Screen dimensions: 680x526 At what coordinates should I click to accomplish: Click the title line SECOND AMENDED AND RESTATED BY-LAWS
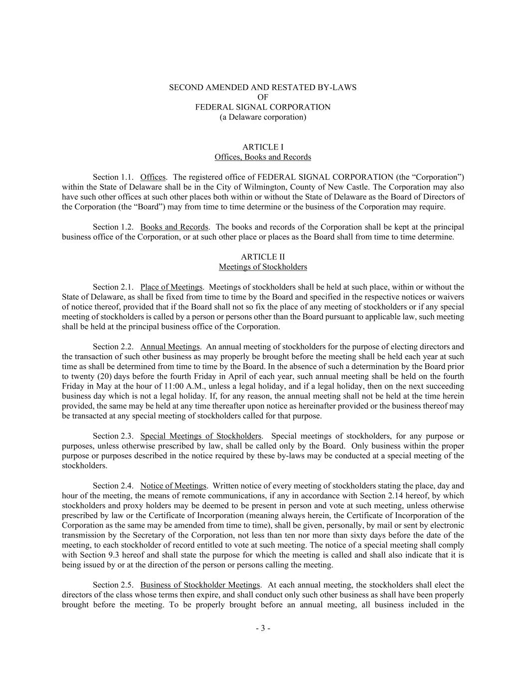point(263,87)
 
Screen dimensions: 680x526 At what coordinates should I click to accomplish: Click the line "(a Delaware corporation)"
point(263,117)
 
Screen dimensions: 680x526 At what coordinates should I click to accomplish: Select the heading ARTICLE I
point(263,147)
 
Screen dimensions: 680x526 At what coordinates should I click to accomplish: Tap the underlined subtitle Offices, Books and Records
point(263,157)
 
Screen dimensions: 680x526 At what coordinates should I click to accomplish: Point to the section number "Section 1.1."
point(113,177)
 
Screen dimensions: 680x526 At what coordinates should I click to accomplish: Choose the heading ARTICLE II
point(263,257)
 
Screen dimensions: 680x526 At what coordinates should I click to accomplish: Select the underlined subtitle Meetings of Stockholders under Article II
point(263,267)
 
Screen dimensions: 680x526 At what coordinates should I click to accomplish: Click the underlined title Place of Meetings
point(171,286)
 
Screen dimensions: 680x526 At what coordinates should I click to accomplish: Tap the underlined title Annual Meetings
point(170,346)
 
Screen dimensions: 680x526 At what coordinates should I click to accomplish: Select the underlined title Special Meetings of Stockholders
point(200,436)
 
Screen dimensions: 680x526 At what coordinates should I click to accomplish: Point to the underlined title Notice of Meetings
point(173,485)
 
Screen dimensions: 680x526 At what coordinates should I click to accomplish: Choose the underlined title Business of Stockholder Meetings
point(200,585)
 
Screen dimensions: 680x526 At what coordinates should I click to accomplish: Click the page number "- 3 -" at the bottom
point(263,628)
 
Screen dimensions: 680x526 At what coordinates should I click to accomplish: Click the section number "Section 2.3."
point(113,436)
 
